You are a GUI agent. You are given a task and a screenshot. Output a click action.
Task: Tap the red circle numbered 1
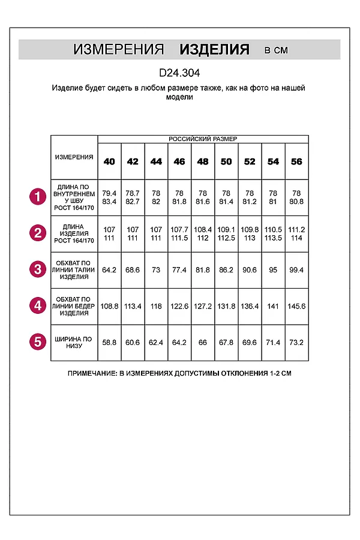(x=38, y=196)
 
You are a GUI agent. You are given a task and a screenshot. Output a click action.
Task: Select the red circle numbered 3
(x=38, y=269)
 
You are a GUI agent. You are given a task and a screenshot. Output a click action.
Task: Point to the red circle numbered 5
(x=38, y=342)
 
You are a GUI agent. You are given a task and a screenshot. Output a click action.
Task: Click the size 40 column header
(x=109, y=162)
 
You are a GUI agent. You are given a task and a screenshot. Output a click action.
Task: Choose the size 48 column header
(x=203, y=162)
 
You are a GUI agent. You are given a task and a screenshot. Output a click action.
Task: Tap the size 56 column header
(x=296, y=162)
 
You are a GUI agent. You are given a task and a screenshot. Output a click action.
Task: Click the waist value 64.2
(x=109, y=269)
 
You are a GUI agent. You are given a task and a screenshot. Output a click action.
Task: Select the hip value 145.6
(x=296, y=306)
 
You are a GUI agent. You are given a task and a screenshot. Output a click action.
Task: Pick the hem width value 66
(x=203, y=343)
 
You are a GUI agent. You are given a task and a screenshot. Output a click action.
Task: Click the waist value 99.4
(x=296, y=269)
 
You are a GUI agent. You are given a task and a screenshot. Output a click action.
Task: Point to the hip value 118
(x=156, y=306)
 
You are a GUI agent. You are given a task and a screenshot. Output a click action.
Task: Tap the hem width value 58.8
(x=109, y=343)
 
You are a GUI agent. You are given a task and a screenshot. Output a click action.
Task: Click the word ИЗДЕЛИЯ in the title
(x=214, y=50)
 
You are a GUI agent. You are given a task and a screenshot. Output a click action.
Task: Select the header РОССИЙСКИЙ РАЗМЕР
(x=203, y=139)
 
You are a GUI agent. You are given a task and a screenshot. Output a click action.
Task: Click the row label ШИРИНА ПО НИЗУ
(x=74, y=342)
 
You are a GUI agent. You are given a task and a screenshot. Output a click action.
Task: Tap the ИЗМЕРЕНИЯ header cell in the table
(x=74, y=157)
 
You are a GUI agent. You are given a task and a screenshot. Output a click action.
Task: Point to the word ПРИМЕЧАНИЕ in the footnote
(x=92, y=373)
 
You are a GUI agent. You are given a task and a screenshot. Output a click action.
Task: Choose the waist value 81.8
(x=203, y=269)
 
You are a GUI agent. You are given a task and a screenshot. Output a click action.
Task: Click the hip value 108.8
(x=109, y=306)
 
